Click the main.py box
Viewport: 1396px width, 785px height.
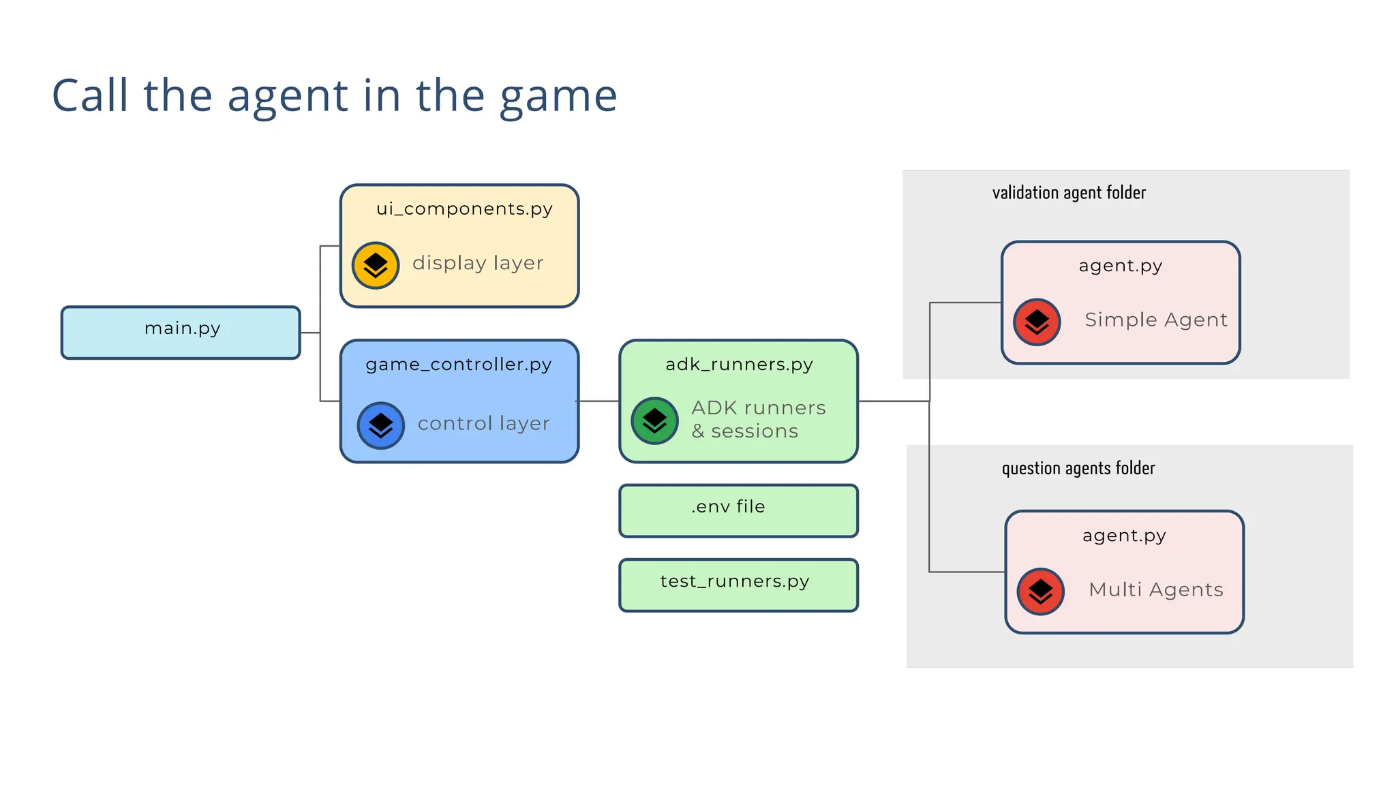181,333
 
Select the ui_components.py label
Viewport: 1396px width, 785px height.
464,209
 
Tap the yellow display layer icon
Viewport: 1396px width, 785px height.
375,265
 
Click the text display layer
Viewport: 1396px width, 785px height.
478,263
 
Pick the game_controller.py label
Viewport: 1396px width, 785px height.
458,365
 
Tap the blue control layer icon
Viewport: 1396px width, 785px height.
380,425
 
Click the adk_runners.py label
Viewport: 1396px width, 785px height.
739,365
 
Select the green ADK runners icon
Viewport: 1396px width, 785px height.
654,420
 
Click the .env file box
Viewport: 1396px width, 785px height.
738,510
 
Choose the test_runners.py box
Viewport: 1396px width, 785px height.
738,585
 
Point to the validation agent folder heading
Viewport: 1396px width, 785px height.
1068,193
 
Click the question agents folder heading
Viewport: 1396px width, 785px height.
1078,468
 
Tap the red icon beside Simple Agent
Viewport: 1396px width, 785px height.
1036,322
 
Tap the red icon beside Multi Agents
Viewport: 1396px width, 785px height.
1040,591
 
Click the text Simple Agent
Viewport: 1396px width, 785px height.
1155,320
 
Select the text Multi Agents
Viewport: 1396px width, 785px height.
1155,589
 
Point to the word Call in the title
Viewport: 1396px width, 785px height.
90,95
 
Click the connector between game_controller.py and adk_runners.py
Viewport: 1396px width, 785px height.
598,401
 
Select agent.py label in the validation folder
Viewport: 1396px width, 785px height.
1120,266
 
